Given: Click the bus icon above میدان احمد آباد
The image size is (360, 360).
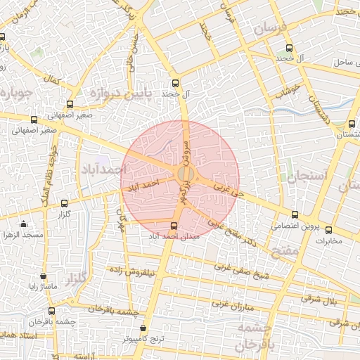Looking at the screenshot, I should point(174,225).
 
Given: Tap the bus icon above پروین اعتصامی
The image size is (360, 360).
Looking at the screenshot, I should point(295,215).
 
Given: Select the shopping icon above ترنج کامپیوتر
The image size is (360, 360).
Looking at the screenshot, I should point(144,328).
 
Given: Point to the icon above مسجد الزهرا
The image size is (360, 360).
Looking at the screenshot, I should point(24,224).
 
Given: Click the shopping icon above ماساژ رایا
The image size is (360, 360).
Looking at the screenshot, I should point(44,276).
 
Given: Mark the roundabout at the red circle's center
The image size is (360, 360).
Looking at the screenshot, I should point(184,173).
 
